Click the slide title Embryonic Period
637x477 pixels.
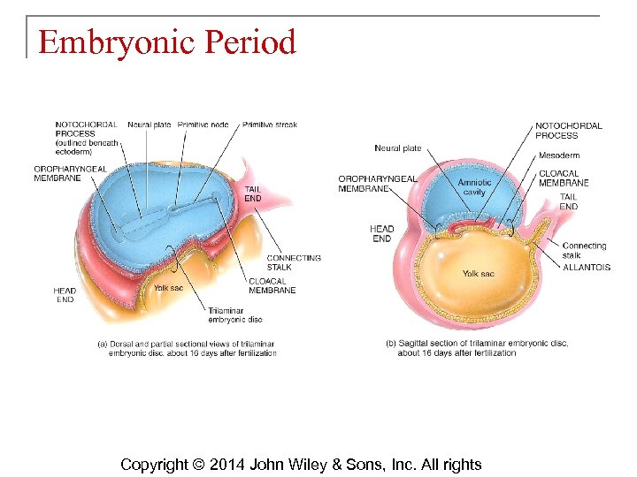click(x=166, y=42)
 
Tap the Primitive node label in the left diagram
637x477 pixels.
click(x=203, y=125)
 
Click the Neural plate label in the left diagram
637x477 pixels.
click(x=150, y=125)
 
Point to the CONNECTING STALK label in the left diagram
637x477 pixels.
click(x=294, y=262)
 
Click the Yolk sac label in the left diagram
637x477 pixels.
click(x=168, y=287)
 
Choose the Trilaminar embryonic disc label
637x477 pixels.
click(x=234, y=314)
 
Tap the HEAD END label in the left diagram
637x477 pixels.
click(x=65, y=295)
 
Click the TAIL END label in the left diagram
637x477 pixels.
click(x=252, y=193)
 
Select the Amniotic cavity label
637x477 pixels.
click(x=474, y=187)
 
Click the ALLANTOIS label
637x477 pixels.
click(x=586, y=268)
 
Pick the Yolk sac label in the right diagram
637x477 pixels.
click(x=478, y=274)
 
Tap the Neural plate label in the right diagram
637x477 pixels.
click(x=397, y=148)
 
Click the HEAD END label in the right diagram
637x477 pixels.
click(x=381, y=234)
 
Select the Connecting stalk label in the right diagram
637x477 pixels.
click(x=584, y=251)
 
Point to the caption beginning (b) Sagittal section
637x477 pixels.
click(x=477, y=348)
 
